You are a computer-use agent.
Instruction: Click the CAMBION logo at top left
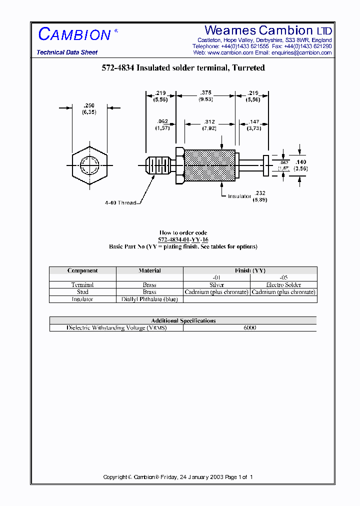coord(75,34)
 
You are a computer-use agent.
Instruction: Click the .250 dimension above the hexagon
coord(89,105)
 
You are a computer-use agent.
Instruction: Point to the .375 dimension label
coord(205,93)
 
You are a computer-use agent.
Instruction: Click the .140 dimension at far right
coord(300,162)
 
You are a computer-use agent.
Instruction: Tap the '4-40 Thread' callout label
coord(120,203)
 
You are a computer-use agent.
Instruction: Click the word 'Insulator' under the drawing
coord(239,196)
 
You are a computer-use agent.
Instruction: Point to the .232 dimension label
coord(259,193)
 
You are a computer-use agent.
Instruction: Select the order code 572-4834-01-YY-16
coord(183,239)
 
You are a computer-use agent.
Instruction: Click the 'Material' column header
coord(149,270)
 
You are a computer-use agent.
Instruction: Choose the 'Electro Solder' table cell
coord(283,285)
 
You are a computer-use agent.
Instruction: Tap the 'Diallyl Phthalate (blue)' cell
coord(149,299)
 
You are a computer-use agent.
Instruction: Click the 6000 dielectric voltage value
coord(249,327)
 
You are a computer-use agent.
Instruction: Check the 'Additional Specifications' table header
coord(183,320)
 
